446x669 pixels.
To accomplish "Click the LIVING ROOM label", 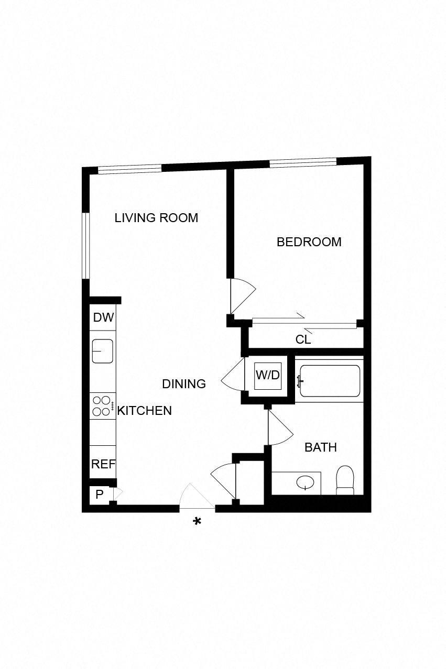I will point(156,218).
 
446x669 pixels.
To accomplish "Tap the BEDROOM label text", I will point(309,242).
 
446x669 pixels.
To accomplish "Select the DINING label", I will point(183,384).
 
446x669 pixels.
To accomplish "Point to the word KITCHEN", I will point(145,411).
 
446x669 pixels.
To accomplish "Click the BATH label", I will point(320,447).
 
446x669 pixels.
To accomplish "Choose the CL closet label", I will point(303,339).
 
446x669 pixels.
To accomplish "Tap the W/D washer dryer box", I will point(267,375).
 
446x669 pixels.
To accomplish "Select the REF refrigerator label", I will point(103,464).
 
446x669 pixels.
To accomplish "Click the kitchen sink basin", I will point(103,351).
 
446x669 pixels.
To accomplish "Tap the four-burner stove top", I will point(102,406).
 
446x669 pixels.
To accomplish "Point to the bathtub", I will point(330,380).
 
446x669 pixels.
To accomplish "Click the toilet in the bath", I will point(345,480).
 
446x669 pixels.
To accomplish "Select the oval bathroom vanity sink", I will point(305,481).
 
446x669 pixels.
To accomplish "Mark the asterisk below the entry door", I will point(197,521).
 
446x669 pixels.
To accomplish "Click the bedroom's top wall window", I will point(302,162).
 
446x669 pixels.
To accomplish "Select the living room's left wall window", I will point(86,245).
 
